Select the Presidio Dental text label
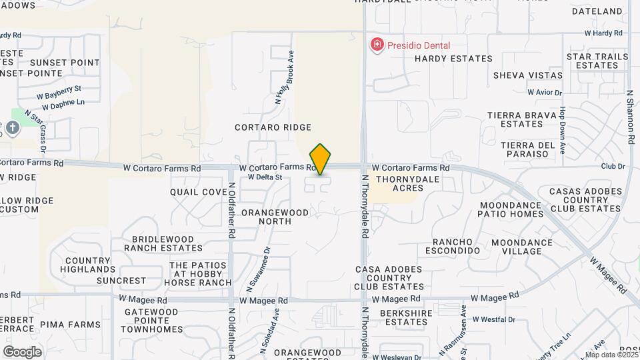[420, 46]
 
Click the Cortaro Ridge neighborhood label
[273, 127]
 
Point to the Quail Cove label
[199, 192]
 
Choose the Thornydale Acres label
[399, 184]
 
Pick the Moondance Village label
[523, 247]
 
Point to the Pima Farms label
[70, 324]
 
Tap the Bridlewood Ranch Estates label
[163, 243]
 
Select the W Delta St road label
[265, 177]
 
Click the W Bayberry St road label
[59, 88]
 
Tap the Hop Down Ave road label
[563, 131]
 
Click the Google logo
[22, 351]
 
